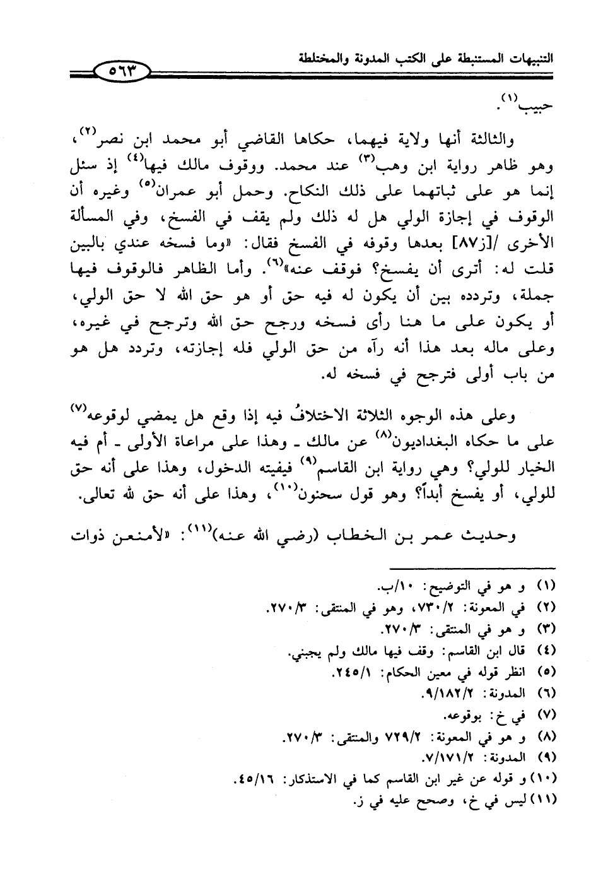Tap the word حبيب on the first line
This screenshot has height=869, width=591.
(x=538, y=106)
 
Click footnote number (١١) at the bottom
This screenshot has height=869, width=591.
(x=543, y=801)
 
